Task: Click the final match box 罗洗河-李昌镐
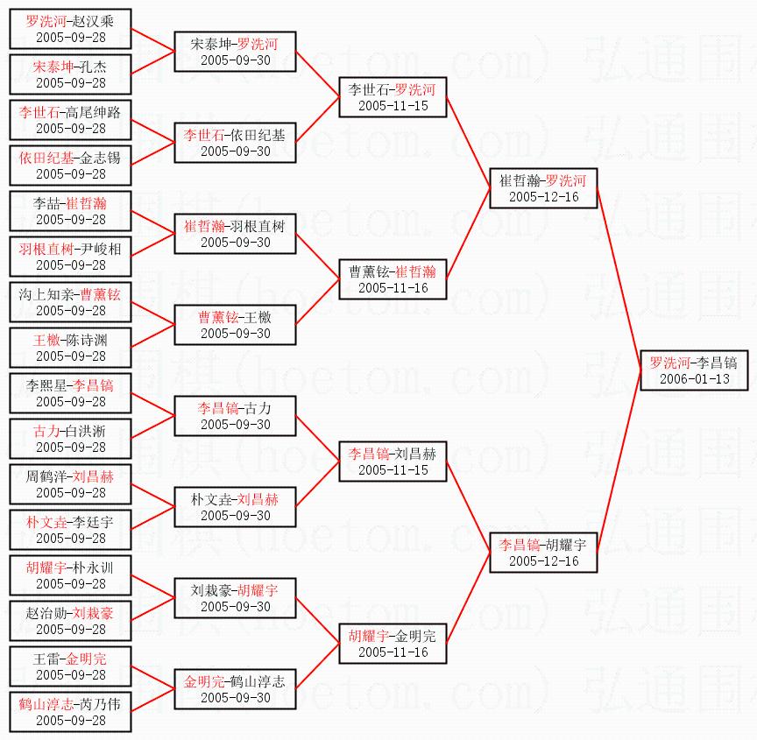(694, 370)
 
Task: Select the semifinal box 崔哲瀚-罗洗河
(543, 188)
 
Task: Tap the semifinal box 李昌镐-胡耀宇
(543, 553)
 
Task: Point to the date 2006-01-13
(694, 378)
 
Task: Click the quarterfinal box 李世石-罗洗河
(393, 97)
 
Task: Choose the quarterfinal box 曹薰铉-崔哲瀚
(393, 279)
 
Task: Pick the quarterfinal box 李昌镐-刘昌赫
(393, 462)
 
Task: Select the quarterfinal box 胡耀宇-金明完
(393, 644)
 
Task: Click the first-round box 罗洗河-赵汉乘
(70, 29)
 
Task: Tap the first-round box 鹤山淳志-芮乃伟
(70, 712)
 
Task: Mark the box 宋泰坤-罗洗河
(235, 52)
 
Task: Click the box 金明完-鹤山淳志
(235, 689)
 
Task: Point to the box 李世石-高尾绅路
(70, 120)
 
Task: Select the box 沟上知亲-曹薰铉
(70, 302)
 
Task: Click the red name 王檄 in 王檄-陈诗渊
(46, 340)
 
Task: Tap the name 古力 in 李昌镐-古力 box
(258, 409)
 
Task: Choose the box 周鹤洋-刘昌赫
(70, 484)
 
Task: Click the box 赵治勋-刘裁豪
(70, 621)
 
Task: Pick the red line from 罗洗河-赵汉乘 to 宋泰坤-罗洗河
(153, 40)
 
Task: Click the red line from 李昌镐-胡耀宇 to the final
(619, 462)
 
